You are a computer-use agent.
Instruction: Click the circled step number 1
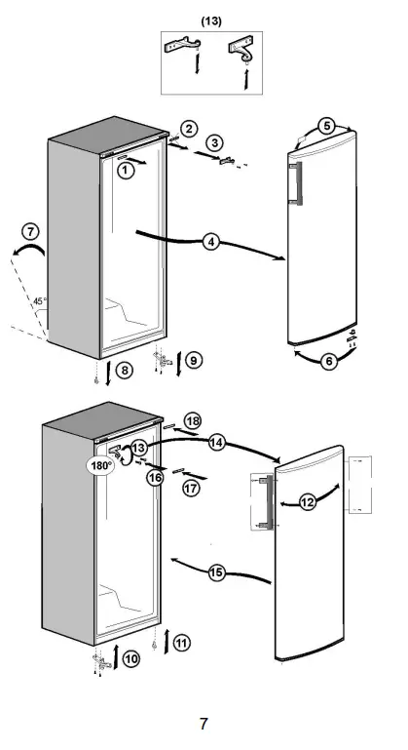tap(125, 170)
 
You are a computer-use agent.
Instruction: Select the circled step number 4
tap(211, 243)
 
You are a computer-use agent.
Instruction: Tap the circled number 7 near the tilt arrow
tap(30, 232)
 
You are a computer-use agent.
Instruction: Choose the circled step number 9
tap(194, 361)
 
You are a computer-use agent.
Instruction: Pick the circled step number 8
tap(125, 370)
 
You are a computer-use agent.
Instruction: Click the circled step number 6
tap(329, 360)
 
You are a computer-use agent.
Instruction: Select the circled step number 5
tap(327, 126)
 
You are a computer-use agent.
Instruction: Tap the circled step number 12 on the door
tap(308, 502)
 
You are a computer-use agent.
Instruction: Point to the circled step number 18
tap(193, 420)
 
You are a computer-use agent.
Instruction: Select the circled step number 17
tap(191, 487)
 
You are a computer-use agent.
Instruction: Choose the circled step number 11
tap(182, 642)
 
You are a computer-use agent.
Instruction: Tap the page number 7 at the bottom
tap(204, 723)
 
